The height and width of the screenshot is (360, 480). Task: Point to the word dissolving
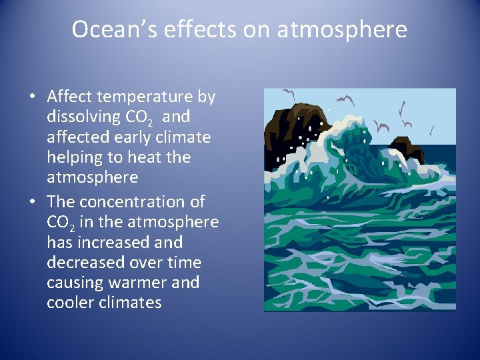tap(83, 117)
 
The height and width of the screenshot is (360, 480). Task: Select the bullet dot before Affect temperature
tap(32, 97)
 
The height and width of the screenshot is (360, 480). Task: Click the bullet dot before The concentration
tap(32, 201)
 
